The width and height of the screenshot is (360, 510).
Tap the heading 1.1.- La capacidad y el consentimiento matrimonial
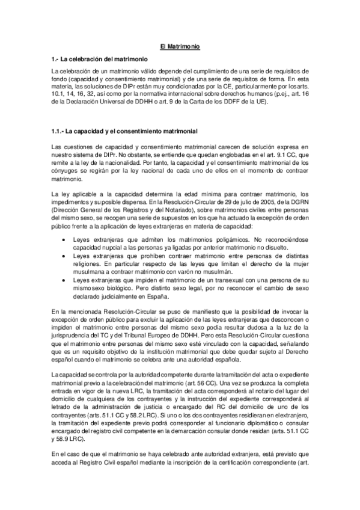point(124,131)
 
